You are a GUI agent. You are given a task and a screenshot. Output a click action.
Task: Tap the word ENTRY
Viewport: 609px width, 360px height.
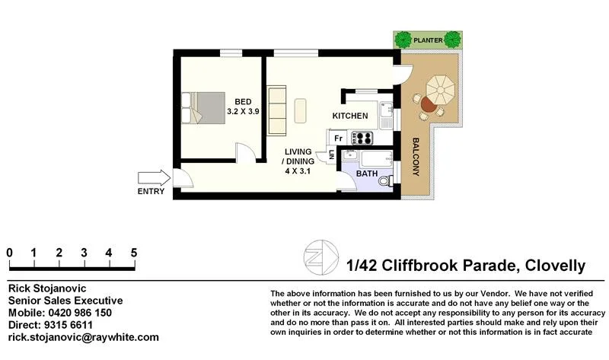click(151, 192)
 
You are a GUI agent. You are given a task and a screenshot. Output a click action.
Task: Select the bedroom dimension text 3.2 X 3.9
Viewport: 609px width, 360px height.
click(244, 111)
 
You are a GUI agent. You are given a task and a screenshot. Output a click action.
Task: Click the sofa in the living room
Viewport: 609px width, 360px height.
click(276, 110)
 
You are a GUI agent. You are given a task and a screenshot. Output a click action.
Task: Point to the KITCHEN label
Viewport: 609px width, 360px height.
click(350, 116)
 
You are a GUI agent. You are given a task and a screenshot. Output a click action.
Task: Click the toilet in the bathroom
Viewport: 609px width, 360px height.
click(387, 180)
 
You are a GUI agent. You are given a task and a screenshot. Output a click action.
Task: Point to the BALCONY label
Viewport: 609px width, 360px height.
click(416, 157)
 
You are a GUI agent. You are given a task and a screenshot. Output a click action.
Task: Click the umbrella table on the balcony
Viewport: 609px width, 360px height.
click(438, 89)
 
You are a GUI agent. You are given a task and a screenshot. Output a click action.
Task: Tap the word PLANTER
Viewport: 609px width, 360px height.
click(426, 38)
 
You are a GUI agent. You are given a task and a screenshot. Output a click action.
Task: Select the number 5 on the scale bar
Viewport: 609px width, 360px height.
click(134, 253)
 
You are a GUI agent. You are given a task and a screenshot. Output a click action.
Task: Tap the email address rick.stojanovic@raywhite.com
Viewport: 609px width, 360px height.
click(83, 337)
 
